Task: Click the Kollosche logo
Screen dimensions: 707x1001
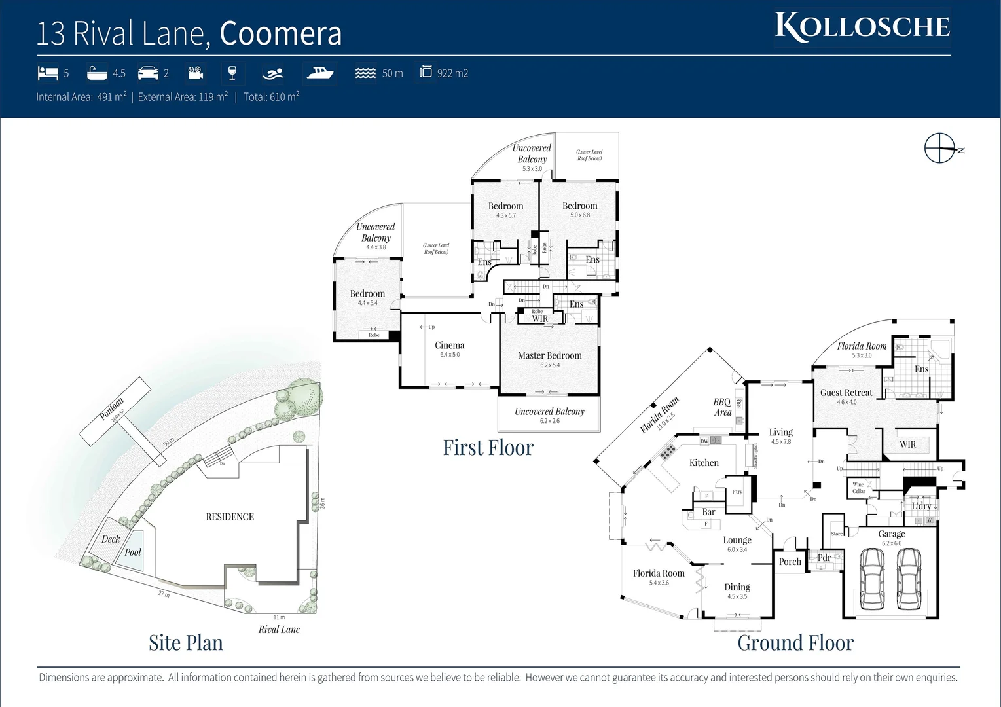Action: (x=862, y=27)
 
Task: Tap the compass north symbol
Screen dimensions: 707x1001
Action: (x=940, y=148)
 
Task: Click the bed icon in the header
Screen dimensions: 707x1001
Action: (x=48, y=73)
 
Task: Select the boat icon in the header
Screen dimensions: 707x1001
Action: (x=320, y=73)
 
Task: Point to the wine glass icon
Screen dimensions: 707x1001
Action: (x=232, y=73)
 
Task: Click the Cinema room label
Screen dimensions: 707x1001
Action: (x=449, y=346)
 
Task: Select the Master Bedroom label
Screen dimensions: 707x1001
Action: (x=549, y=355)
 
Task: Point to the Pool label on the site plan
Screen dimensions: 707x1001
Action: (x=133, y=552)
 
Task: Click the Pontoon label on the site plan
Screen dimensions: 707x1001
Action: (x=111, y=410)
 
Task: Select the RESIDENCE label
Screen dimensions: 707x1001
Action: (x=230, y=517)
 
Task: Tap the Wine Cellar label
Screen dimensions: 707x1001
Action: (x=858, y=488)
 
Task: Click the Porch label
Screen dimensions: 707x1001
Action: (x=790, y=562)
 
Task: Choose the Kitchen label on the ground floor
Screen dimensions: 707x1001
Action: (x=704, y=463)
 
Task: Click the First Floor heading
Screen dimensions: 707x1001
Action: (x=488, y=447)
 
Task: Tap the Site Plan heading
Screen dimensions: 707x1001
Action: (x=185, y=643)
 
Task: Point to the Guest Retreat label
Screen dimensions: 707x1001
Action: (x=846, y=393)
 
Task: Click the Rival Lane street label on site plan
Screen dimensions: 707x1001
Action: (x=279, y=630)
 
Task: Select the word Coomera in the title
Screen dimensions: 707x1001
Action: (x=280, y=33)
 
